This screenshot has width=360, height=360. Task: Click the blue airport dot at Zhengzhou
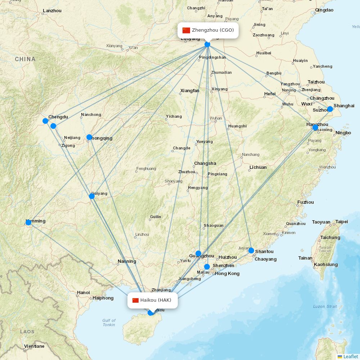point(207,44)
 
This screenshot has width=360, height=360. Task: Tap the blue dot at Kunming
point(28,222)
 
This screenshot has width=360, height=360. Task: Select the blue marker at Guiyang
point(92,196)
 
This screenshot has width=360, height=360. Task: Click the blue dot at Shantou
point(251,251)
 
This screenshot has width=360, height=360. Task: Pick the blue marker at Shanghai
point(330,109)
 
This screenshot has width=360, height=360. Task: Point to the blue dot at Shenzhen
point(207,267)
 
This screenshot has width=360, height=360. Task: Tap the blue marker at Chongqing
point(89,137)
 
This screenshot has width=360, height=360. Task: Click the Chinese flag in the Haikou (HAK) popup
point(135,300)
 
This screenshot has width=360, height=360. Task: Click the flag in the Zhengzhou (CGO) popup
point(186,30)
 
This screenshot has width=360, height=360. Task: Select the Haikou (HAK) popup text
point(156,300)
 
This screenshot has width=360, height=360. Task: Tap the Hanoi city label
point(83,293)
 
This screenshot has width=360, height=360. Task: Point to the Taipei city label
point(342,222)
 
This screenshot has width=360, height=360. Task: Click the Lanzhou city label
point(52,11)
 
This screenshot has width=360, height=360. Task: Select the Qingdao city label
point(324,10)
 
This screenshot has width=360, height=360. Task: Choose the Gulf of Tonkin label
point(109,323)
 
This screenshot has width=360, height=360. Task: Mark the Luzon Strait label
point(325,307)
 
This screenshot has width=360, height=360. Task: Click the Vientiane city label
point(34,346)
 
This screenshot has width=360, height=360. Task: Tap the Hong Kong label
point(227,274)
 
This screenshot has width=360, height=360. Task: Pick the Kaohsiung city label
point(326,265)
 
